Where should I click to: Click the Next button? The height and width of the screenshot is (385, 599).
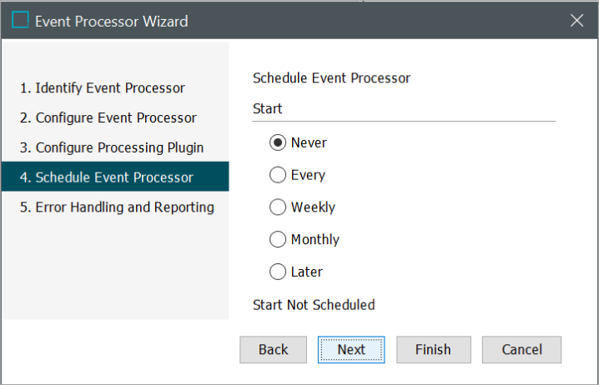(x=351, y=349)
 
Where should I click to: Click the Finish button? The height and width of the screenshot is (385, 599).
(x=434, y=349)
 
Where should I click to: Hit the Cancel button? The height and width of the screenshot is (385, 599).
(x=521, y=349)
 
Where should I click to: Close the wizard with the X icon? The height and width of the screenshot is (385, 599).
(x=576, y=20)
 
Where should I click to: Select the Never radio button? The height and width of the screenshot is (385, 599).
(x=278, y=142)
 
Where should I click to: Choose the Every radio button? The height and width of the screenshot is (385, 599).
(x=278, y=175)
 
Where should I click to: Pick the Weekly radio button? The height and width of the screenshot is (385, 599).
(x=278, y=207)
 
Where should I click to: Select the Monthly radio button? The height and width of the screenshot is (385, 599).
(x=278, y=240)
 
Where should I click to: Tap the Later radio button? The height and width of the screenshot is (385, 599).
(x=278, y=272)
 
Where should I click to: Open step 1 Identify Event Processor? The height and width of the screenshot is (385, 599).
(x=103, y=88)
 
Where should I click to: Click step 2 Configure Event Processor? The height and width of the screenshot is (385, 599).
(x=108, y=117)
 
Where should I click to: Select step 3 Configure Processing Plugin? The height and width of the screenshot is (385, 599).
(x=112, y=147)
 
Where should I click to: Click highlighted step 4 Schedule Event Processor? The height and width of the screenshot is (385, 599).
(x=115, y=177)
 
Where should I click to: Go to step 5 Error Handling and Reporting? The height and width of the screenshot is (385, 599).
(x=117, y=207)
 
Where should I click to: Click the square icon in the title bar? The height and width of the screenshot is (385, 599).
(x=20, y=20)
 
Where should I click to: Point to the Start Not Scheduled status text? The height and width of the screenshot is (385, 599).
(x=314, y=305)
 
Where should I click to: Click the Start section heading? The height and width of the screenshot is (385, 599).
(x=268, y=108)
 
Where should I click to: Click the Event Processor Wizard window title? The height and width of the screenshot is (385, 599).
(x=111, y=22)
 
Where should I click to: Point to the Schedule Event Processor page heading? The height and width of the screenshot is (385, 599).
(x=331, y=78)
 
